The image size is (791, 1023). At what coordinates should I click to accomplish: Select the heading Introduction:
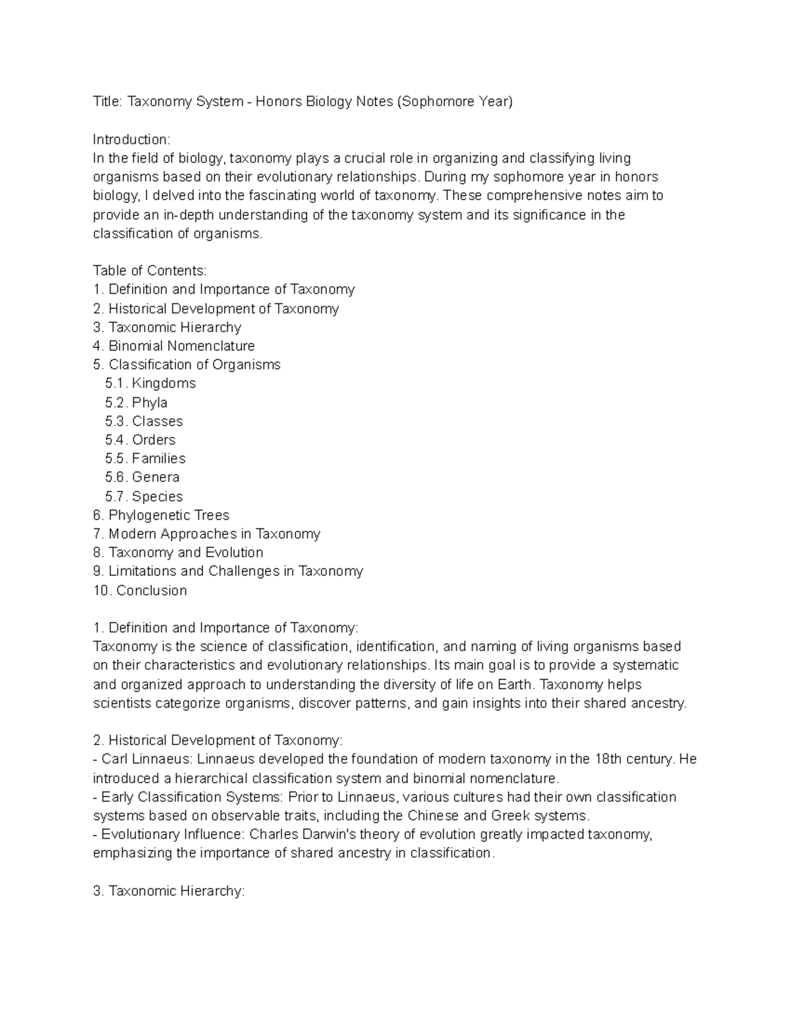(131, 140)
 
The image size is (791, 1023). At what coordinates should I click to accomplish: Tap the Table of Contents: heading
(150, 271)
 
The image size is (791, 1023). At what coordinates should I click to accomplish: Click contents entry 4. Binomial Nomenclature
(174, 346)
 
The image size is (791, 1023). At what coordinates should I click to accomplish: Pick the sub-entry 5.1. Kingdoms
(150, 383)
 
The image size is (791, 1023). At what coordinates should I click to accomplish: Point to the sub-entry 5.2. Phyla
(136, 402)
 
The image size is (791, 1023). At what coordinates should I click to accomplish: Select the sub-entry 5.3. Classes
(144, 421)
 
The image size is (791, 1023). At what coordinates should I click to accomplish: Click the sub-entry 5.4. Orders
(140, 440)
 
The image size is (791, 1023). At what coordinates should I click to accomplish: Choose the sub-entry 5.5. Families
(145, 458)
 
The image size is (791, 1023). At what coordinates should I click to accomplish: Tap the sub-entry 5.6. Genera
(142, 477)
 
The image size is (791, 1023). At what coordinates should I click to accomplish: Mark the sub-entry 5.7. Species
(144, 497)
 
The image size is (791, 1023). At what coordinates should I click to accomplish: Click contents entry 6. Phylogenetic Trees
(161, 515)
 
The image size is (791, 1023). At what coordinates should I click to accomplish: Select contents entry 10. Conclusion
(140, 590)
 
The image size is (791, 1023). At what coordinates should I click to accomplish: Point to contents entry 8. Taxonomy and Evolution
(178, 553)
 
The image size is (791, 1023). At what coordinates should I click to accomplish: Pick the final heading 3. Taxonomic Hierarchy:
(169, 891)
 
